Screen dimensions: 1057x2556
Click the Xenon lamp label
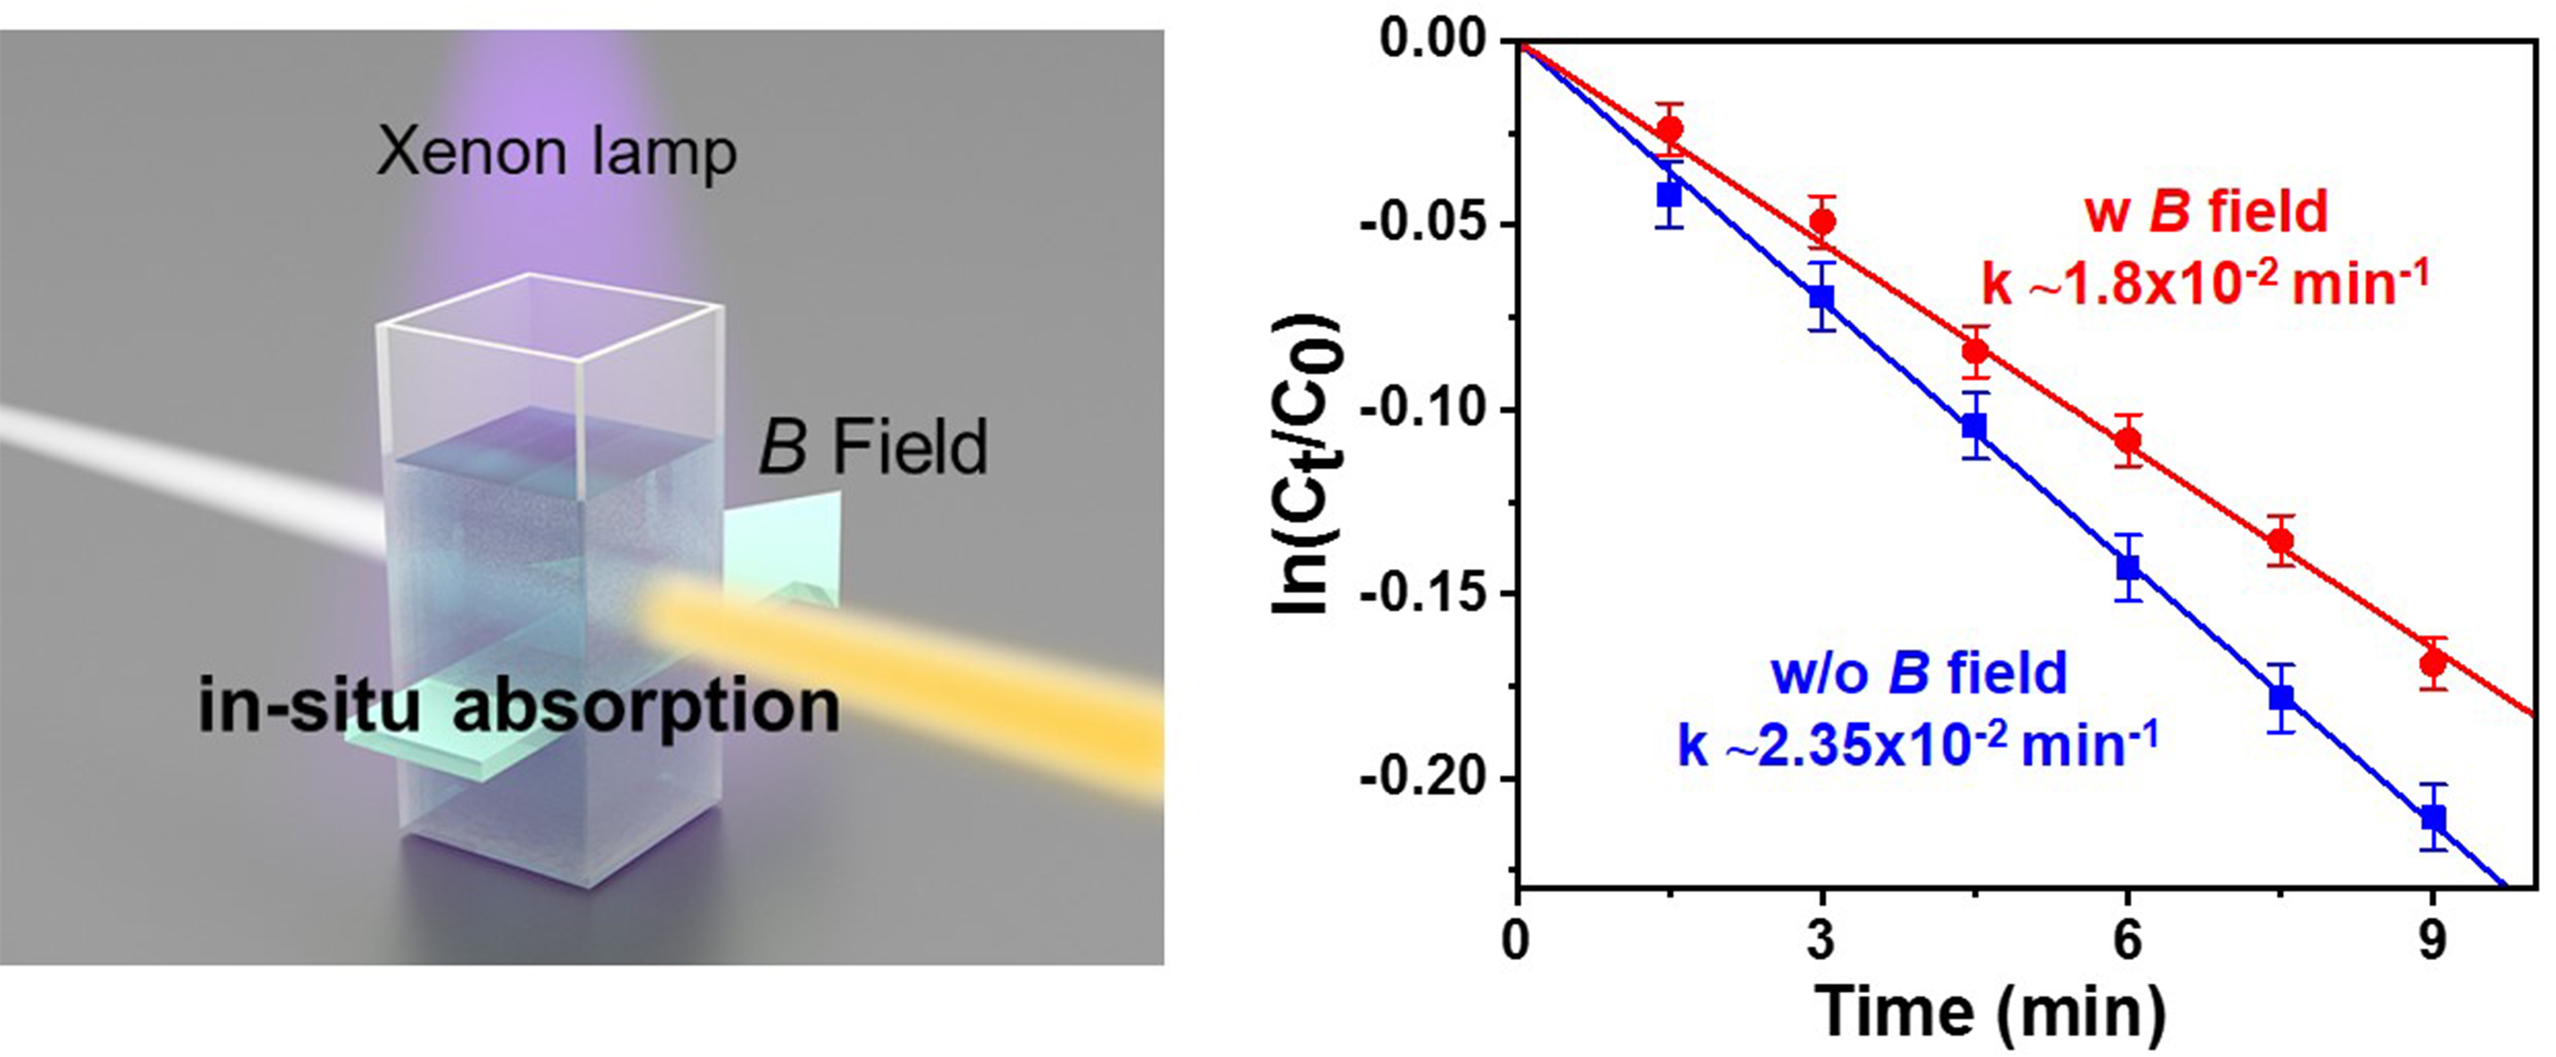coord(557,155)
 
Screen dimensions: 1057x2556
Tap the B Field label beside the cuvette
coord(873,447)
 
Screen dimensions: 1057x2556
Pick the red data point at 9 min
coord(2432,663)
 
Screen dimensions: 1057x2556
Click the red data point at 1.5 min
coord(1670,129)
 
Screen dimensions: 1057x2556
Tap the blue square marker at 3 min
coord(1821,296)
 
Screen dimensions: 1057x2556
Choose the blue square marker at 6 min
coord(2127,567)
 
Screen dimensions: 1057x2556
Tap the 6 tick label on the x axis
coord(2127,939)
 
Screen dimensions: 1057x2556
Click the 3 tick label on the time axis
coord(1821,939)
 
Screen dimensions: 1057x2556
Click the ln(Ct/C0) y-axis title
coord(1308,466)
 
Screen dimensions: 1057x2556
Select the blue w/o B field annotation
coord(1919,673)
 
